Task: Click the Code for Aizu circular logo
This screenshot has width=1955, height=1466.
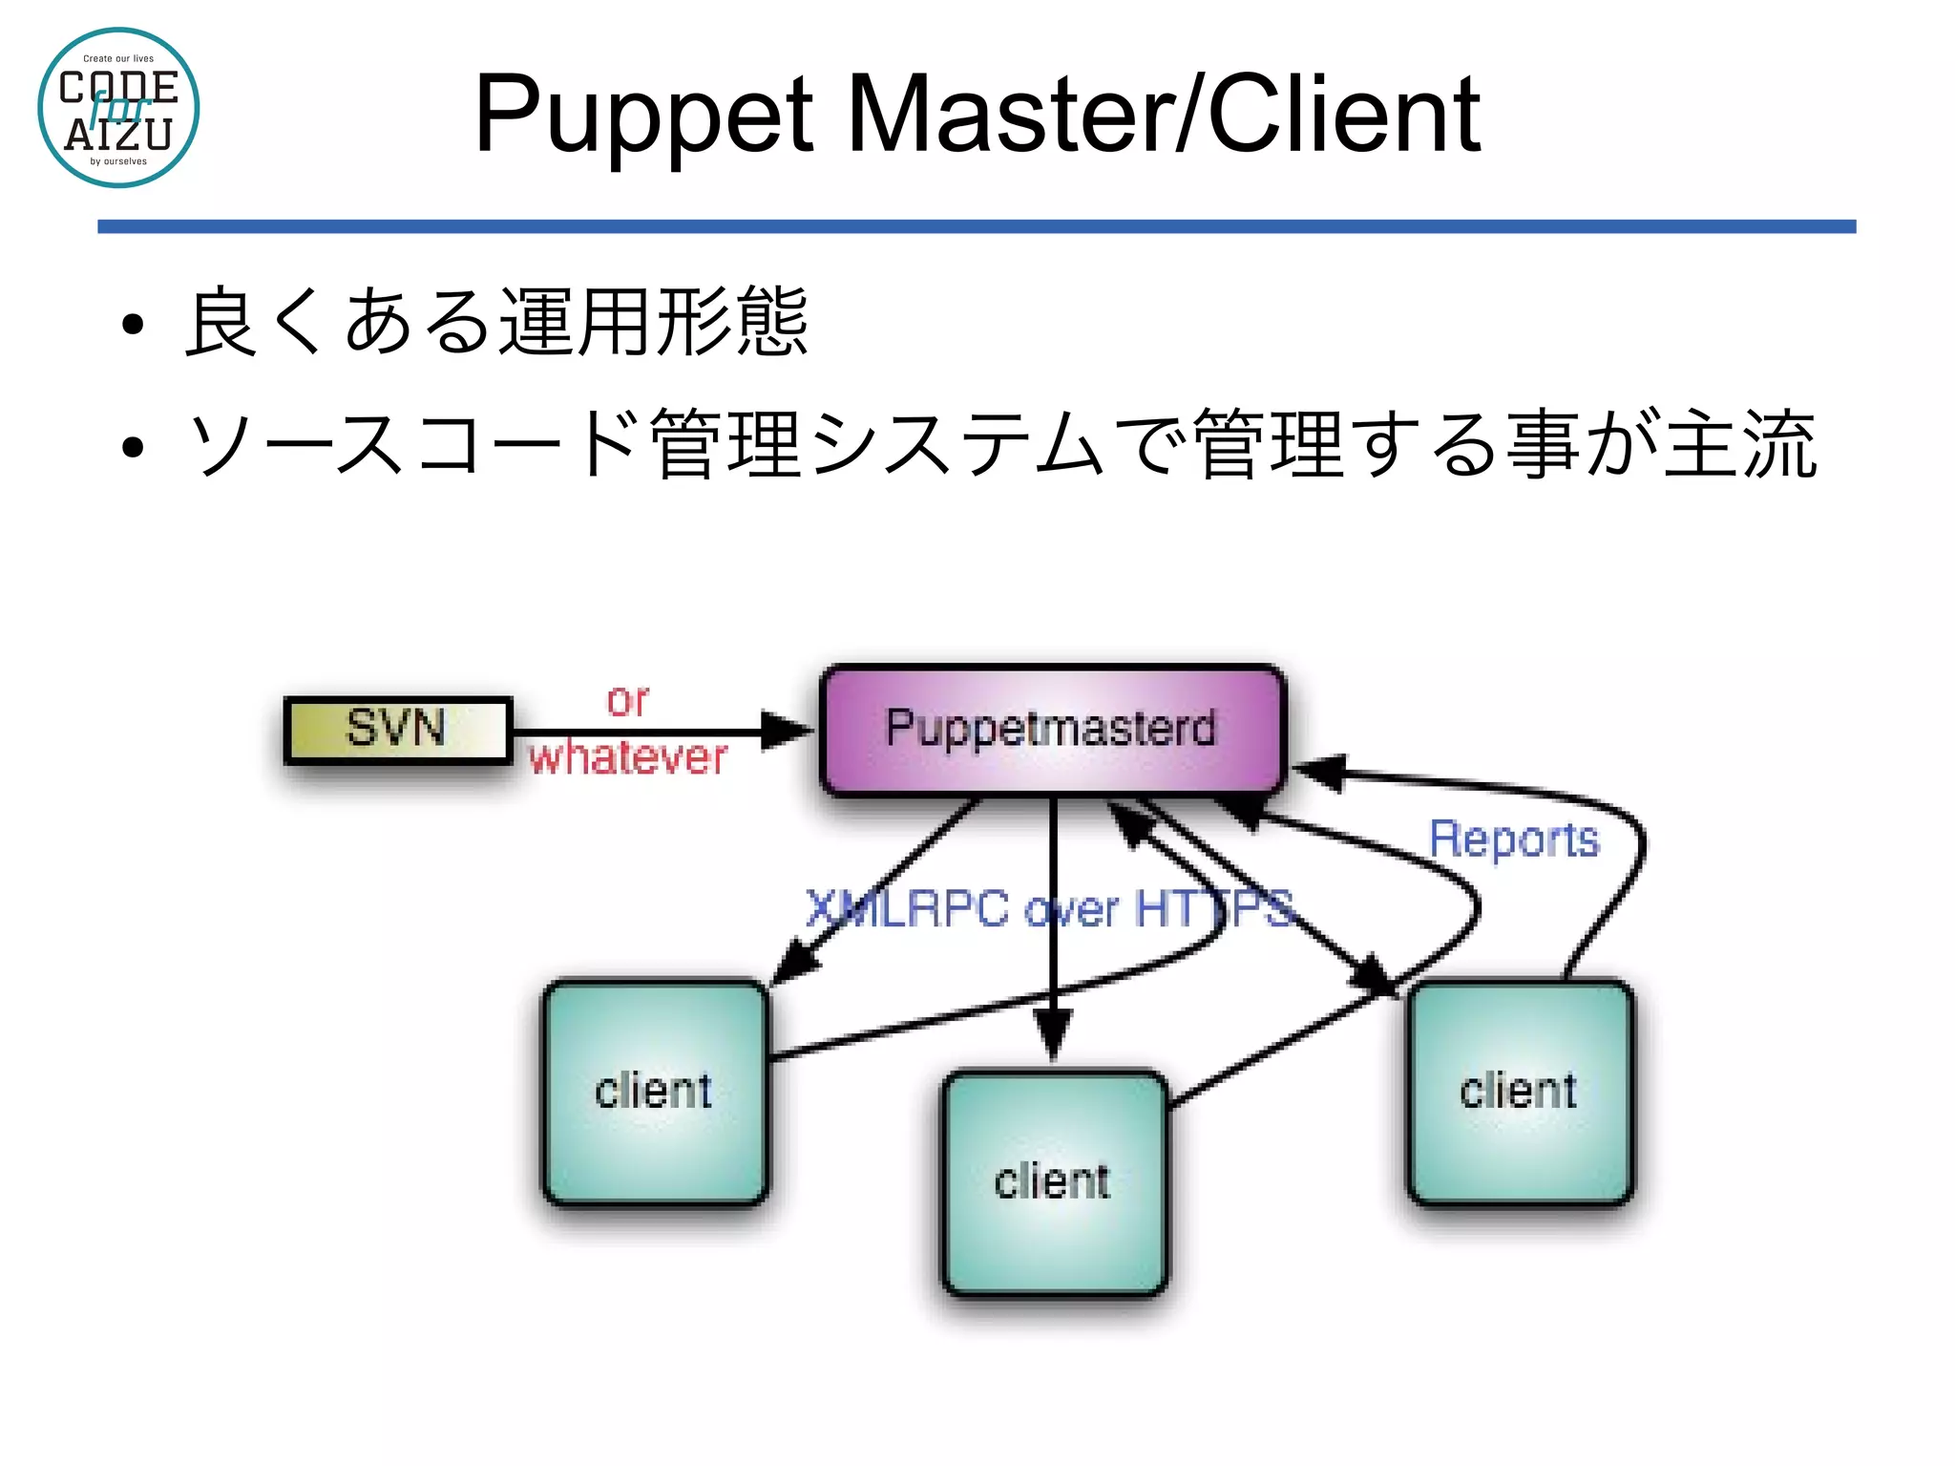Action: click(x=118, y=108)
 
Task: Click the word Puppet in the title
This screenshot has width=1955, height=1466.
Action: click(x=642, y=116)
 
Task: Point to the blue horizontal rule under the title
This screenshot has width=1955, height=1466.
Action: click(x=976, y=226)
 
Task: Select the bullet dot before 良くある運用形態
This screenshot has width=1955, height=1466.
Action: click(x=133, y=325)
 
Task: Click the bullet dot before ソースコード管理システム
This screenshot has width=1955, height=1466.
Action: click(x=133, y=446)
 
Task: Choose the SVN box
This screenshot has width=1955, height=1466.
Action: click(x=397, y=730)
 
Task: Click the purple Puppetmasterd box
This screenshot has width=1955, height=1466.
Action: click(x=1051, y=730)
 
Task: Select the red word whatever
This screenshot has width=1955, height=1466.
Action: click(x=628, y=758)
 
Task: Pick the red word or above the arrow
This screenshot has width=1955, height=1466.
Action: click(x=627, y=701)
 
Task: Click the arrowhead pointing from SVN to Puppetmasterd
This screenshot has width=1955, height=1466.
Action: click(x=787, y=731)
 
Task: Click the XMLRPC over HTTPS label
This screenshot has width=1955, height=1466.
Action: click(x=1049, y=908)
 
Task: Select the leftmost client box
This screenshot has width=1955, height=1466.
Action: click(x=655, y=1092)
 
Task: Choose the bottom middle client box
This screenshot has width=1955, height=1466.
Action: click(x=1053, y=1182)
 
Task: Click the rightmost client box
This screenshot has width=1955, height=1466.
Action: click(x=1520, y=1092)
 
